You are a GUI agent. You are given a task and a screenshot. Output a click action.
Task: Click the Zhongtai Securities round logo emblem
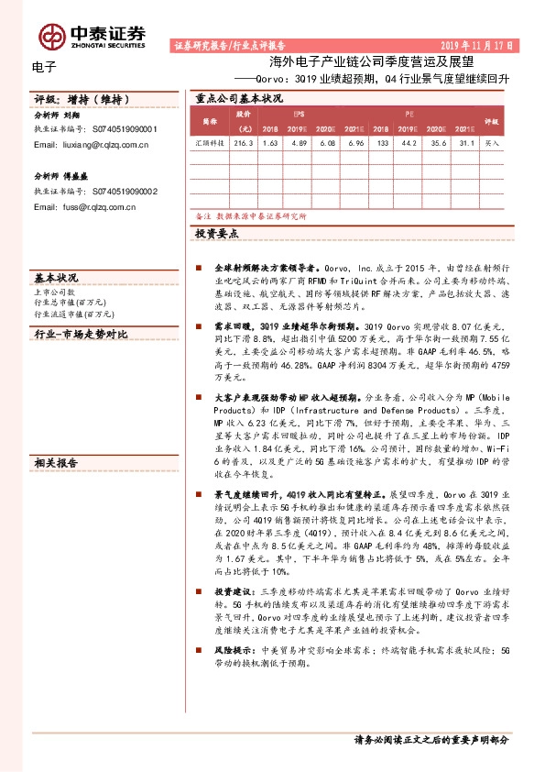point(52,36)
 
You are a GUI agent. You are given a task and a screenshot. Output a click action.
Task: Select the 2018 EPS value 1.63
point(269,144)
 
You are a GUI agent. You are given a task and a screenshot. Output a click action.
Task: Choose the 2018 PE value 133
point(383,144)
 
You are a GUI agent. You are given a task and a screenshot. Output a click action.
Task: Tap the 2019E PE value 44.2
point(410,144)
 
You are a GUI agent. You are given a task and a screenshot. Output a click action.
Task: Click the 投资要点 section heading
point(216,235)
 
